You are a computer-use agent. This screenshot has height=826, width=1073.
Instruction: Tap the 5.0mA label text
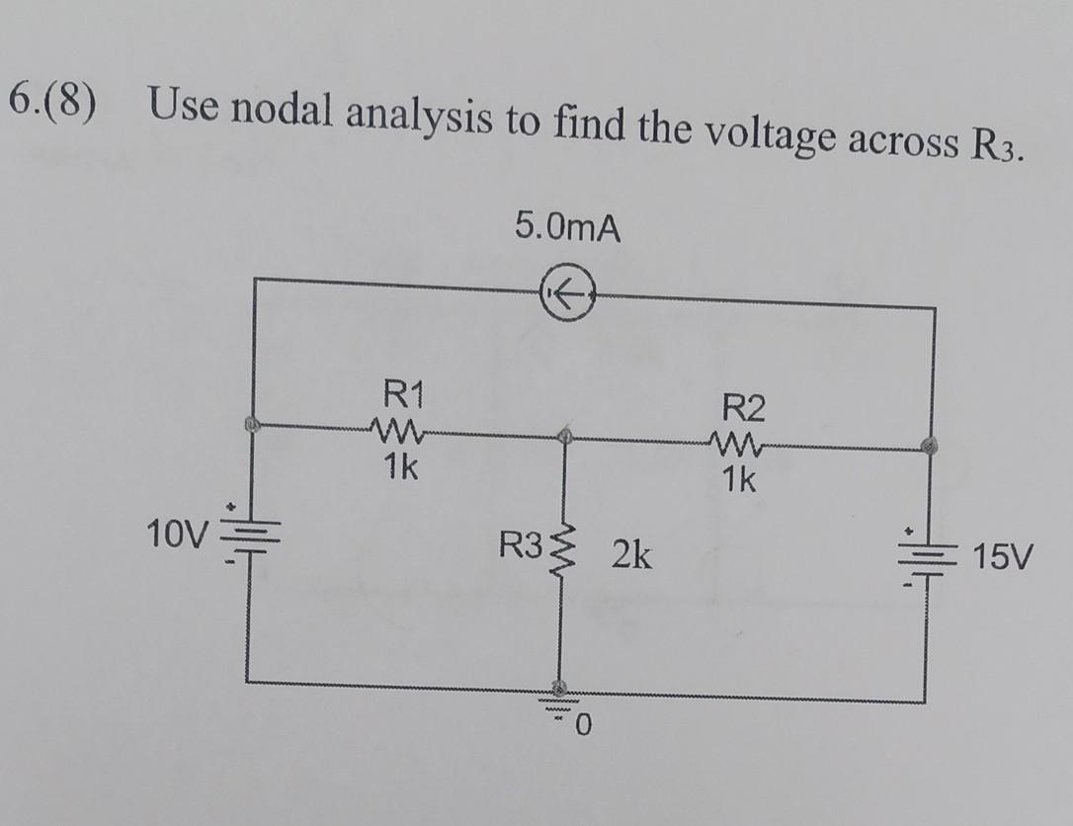pos(568,230)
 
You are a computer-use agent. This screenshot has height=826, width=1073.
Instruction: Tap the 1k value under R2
pos(738,481)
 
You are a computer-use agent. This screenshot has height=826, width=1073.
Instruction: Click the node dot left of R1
pos(252,424)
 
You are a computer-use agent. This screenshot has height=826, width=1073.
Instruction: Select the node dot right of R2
pos(929,447)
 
